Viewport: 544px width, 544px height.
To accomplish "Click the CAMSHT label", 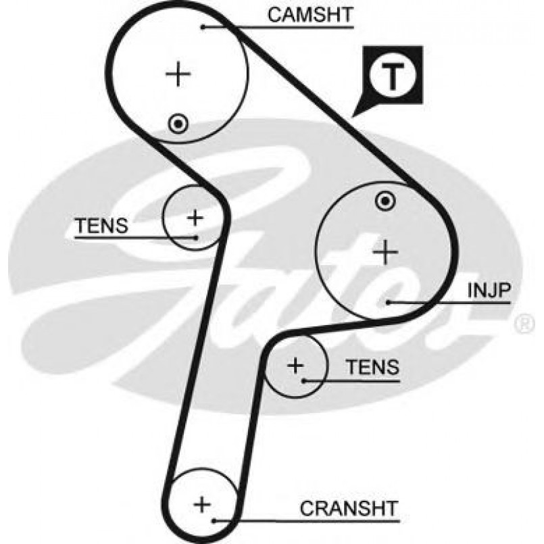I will pyautogui.click(x=310, y=16).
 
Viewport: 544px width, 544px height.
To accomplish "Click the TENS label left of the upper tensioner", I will pyautogui.click(x=101, y=226).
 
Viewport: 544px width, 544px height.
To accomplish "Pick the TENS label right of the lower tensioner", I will pyautogui.click(x=372, y=368).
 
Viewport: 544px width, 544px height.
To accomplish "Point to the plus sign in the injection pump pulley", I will pyautogui.click(x=386, y=252).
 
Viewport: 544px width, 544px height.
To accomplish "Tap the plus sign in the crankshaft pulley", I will pyautogui.click(x=202, y=504).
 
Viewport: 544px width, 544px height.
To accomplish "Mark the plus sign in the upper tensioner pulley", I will pyautogui.click(x=195, y=218).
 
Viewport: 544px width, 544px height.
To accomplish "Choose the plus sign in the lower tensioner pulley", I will pyautogui.click(x=295, y=366).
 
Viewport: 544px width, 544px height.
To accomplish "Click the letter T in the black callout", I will pyautogui.click(x=393, y=76).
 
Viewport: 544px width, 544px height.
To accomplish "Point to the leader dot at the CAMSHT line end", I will pyautogui.click(x=203, y=27).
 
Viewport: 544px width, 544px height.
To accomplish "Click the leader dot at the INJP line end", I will pyautogui.click(x=388, y=302).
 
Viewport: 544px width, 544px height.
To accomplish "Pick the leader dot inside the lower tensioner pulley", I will pyautogui.click(x=305, y=380).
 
